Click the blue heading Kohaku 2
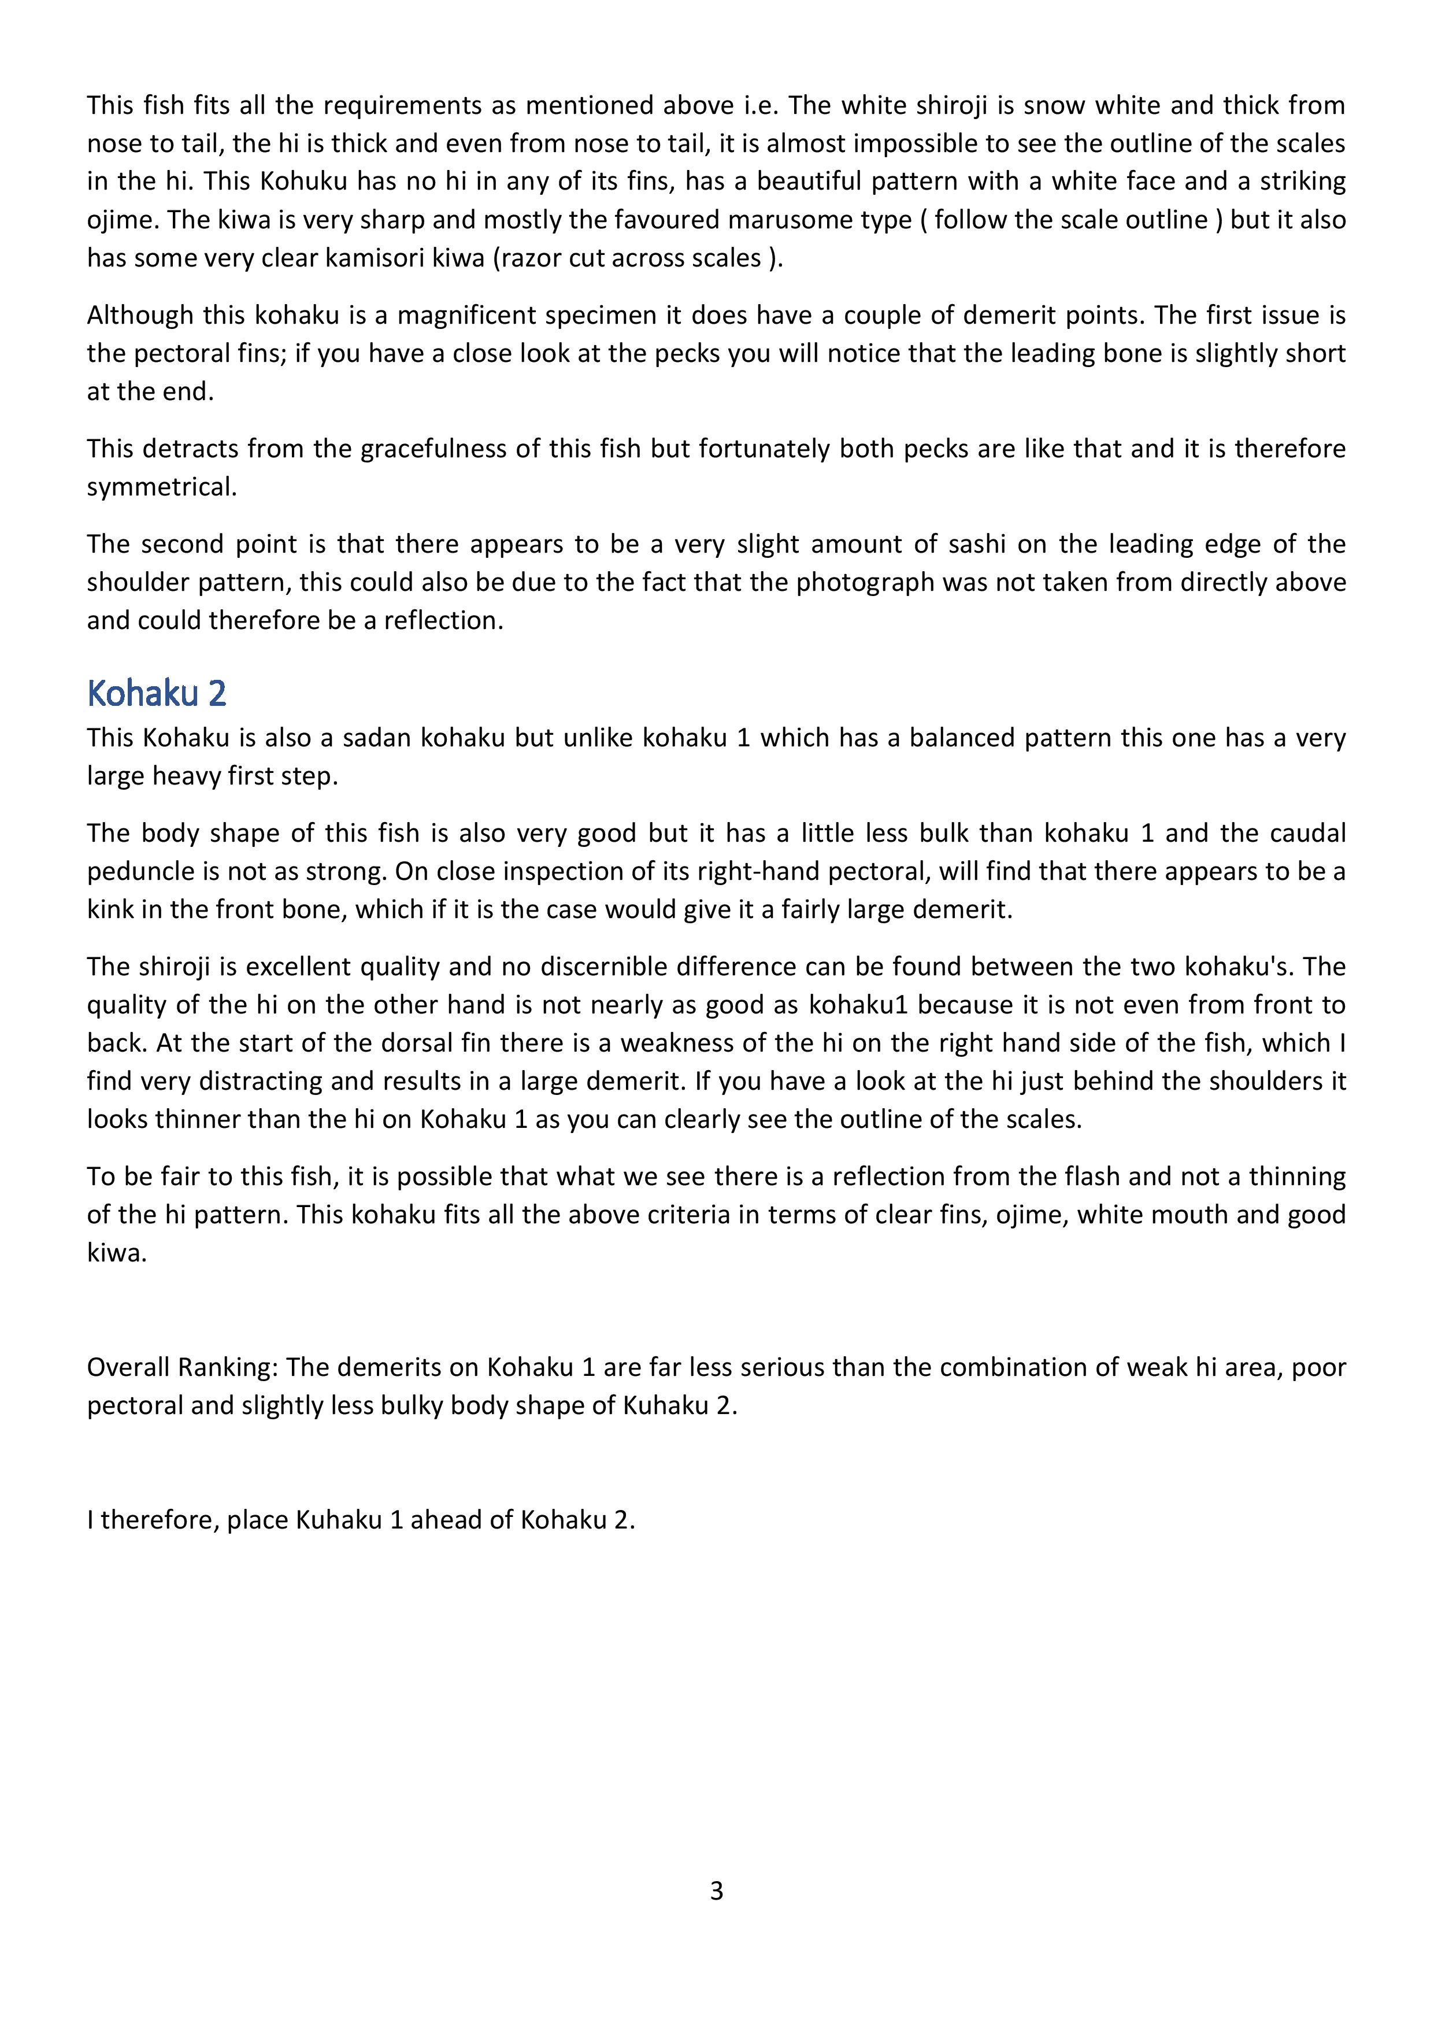pos(156,693)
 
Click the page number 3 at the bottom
pos(716,1890)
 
